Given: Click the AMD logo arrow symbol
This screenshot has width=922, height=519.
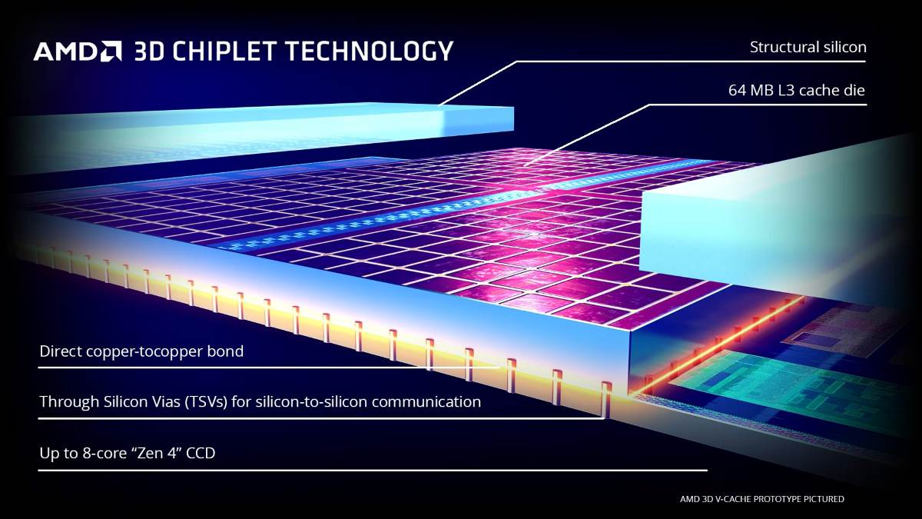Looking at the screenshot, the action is pyautogui.click(x=111, y=51).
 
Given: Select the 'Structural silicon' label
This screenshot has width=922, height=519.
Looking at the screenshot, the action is pyautogui.click(x=808, y=48).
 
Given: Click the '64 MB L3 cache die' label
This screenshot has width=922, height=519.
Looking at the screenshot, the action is pyautogui.click(x=797, y=90).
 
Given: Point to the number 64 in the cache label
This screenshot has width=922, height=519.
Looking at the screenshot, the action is pyautogui.click(x=737, y=90).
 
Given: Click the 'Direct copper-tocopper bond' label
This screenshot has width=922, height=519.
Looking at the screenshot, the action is pyautogui.click(x=141, y=352).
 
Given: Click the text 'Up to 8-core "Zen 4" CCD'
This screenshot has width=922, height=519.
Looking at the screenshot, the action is pyautogui.click(x=128, y=453).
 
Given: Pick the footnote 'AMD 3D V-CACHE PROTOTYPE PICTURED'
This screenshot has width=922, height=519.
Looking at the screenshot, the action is pyautogui.click(x=762, y=499).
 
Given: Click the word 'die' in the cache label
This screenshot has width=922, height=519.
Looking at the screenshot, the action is pyautogui.click(x=854, y=90).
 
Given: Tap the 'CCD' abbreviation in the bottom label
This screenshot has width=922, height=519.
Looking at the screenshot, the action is pyautogui.click(x=201, y=453).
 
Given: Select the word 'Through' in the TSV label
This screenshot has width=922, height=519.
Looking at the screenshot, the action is pyautogui.click(x=69, y=401).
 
